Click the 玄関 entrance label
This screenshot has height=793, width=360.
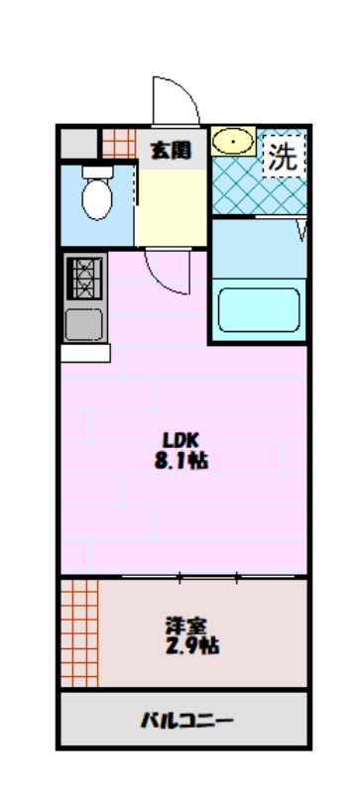(x=172, y=151)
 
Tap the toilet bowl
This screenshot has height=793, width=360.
(x=97, y=199)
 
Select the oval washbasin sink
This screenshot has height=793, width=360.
(x=233, y=141)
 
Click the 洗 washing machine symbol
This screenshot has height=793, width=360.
(x=284, y=158)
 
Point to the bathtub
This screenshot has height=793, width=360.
(x=259, y=310)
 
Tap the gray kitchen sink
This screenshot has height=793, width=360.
(x=84, y=323)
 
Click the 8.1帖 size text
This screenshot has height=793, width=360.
(x=181, y=461)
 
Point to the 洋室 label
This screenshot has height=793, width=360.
(x=186, y=626)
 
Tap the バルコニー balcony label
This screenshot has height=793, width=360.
(x=186, y=720)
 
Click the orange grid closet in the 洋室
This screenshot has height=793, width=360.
(x=79, y=633)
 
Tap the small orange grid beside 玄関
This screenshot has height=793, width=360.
(x=119, y=143)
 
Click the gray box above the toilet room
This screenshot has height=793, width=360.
(x=79, y=143)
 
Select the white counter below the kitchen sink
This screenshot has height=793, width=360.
(x=85, y=353)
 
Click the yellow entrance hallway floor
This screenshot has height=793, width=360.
(x=173, y=207)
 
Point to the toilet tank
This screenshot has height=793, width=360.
(x=97, y=171)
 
